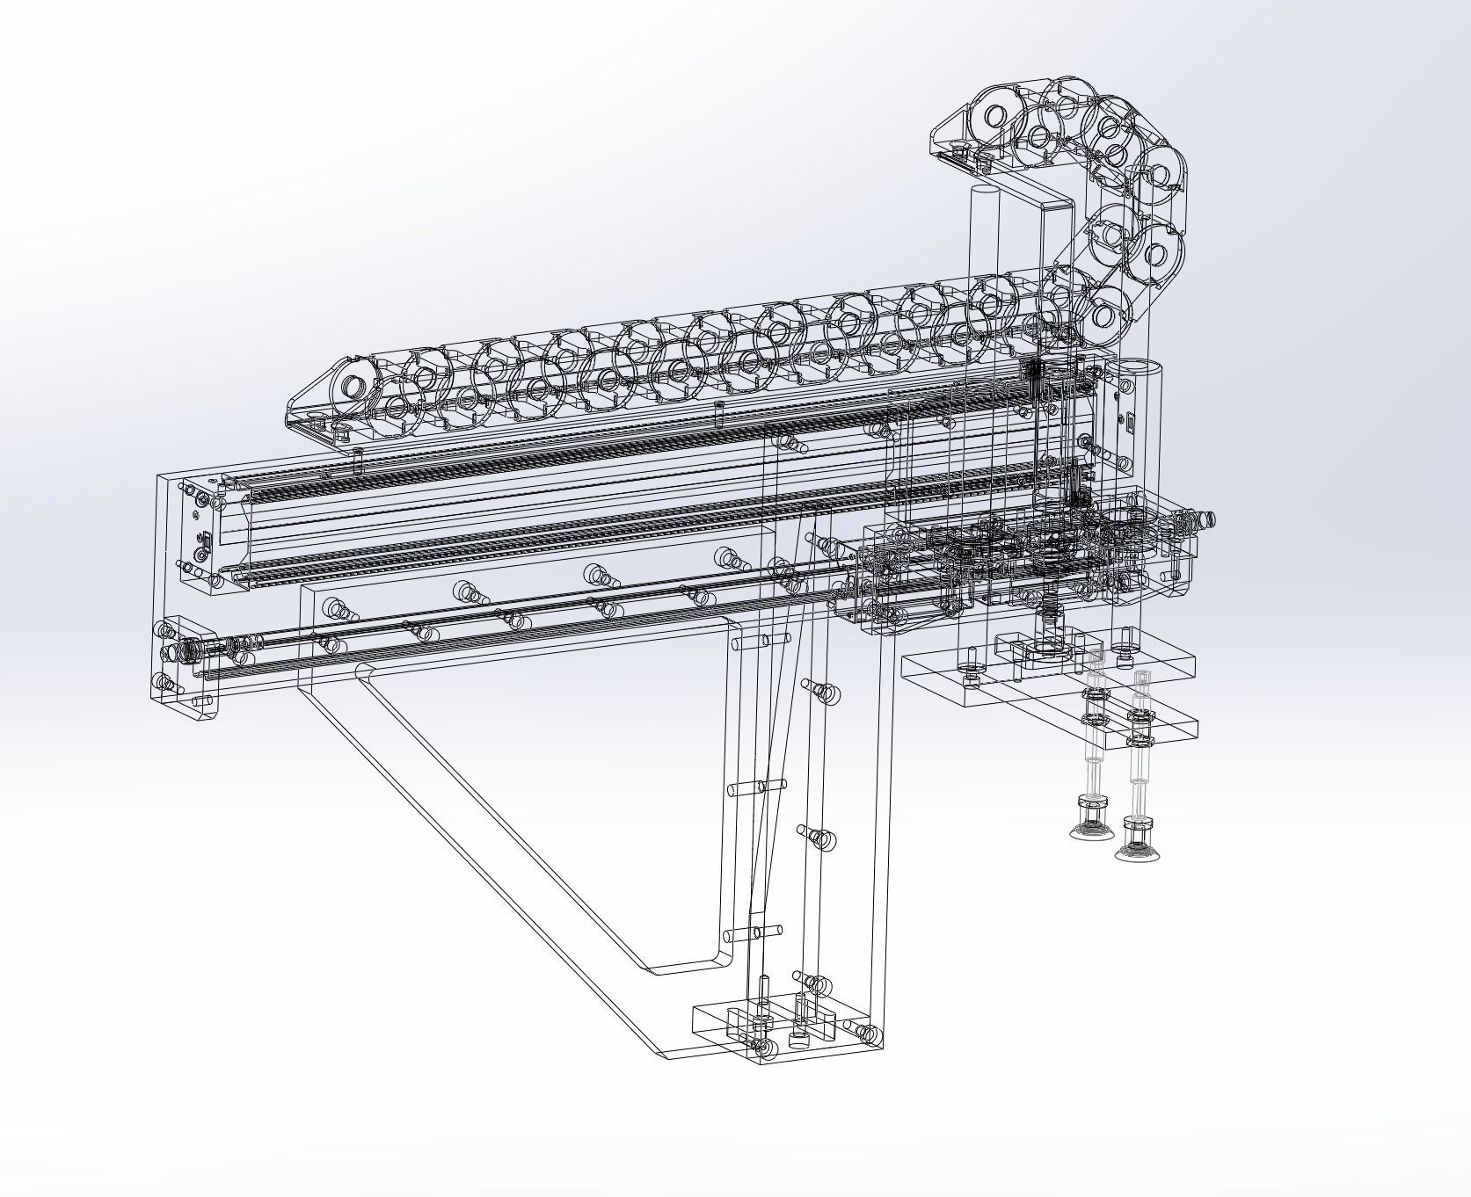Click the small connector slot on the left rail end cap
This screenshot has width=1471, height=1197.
(204, 548)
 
